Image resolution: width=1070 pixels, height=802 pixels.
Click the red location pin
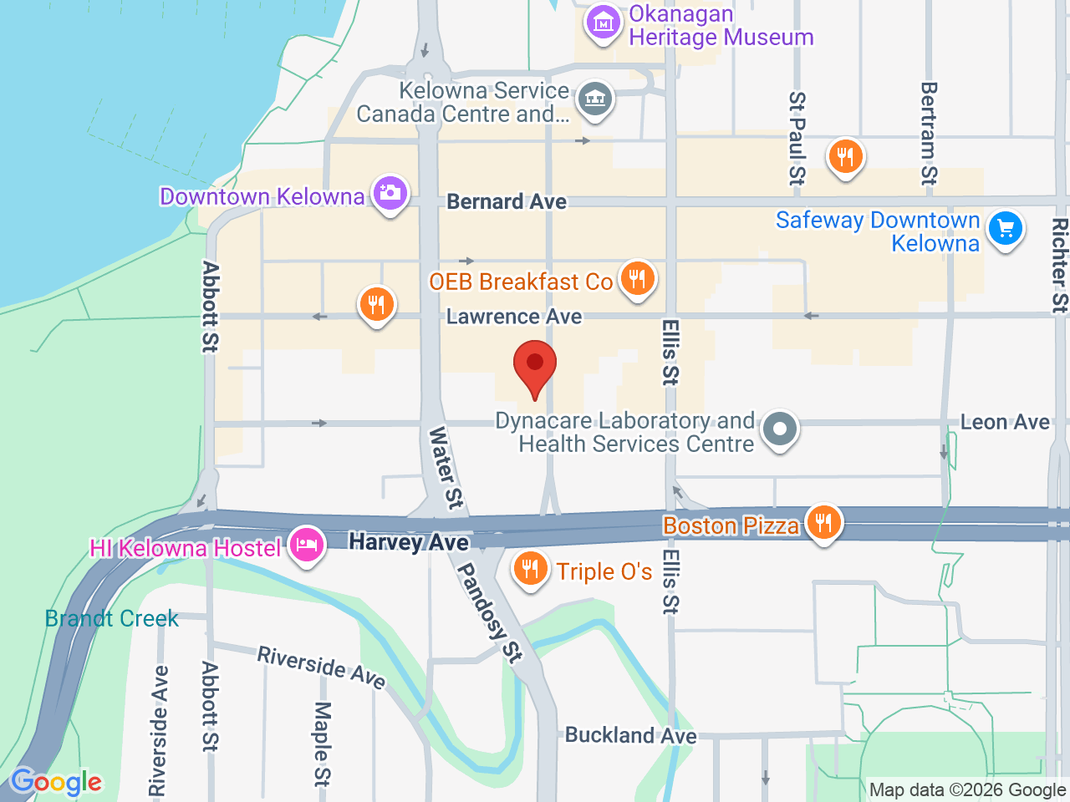point(534,368)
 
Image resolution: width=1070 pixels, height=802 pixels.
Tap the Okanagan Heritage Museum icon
point(603,23)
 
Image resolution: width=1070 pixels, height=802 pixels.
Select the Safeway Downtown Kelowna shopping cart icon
point(1005,228)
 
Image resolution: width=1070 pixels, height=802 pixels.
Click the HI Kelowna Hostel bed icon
point(306,546)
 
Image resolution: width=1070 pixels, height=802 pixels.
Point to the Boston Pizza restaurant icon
point(823,523)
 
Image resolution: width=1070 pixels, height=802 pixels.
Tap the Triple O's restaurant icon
point(530,570)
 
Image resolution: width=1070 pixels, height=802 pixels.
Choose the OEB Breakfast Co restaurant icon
point(637,279)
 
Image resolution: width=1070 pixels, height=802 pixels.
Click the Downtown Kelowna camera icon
point(390,194)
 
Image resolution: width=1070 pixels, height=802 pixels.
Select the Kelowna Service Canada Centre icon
point(594,99)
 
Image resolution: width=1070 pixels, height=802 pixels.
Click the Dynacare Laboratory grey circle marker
point(780,429)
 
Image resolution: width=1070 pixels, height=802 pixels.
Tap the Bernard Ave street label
point(507,202)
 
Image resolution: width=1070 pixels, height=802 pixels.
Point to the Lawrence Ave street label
point(514,317)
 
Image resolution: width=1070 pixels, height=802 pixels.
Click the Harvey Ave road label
point(409,542)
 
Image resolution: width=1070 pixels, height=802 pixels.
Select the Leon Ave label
point(1005,422)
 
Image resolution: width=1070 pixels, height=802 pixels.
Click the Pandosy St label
point(489,612)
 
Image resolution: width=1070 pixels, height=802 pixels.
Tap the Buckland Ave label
point(631,735)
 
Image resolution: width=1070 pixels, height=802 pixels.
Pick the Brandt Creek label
point(112,618)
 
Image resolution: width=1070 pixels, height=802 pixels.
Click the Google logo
point(57,782)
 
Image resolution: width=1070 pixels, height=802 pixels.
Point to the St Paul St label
point(797,138)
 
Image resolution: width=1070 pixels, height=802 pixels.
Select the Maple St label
point(323,744)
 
